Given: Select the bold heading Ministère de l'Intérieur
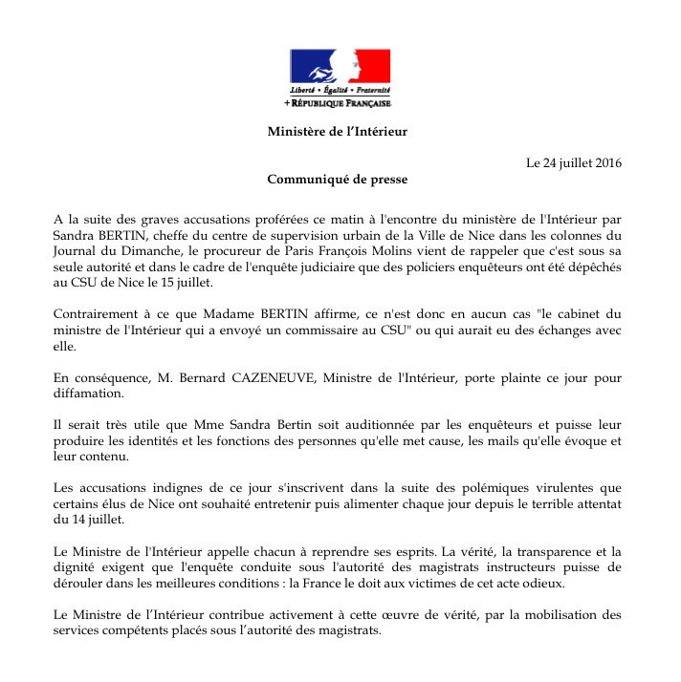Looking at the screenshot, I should coord(338,132).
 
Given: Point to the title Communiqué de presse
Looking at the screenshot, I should coord(340,179).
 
